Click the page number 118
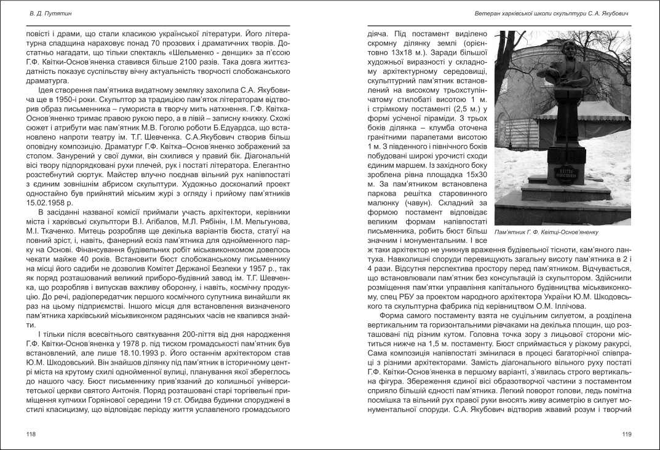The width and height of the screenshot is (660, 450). (x=31, y=434)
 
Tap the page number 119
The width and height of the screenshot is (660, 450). (x=627, y=434)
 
